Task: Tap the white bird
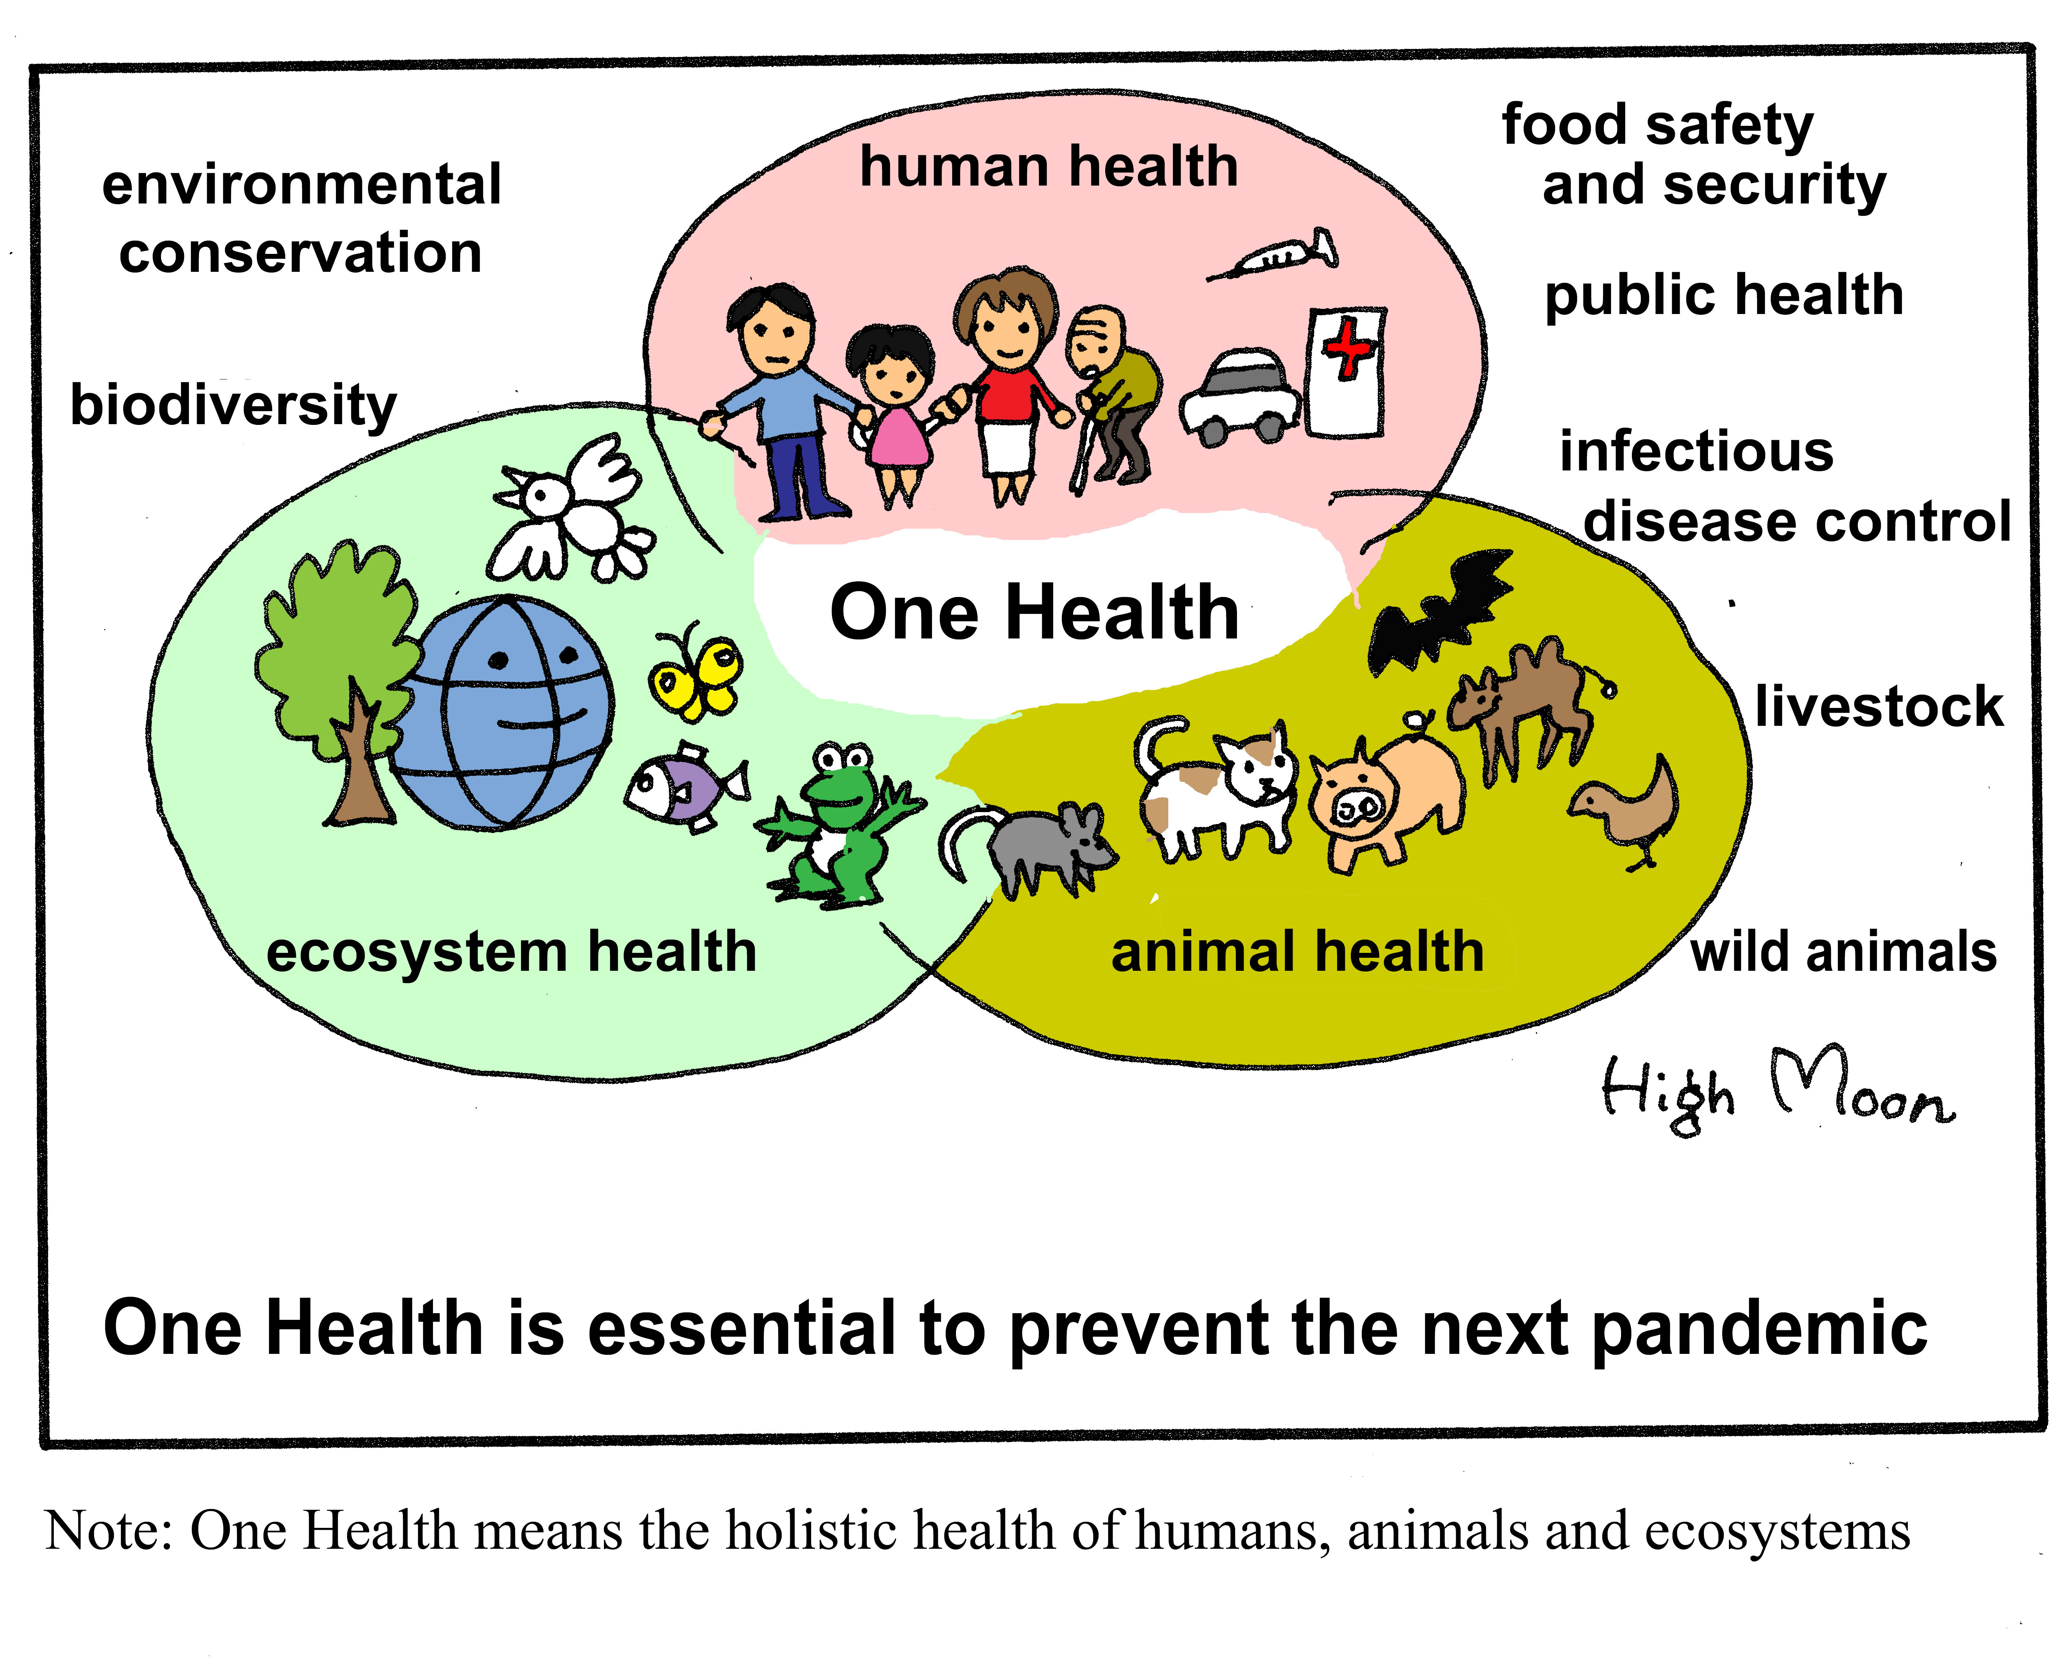(x=572, y=510)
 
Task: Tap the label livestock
(x=1879, y=707)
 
